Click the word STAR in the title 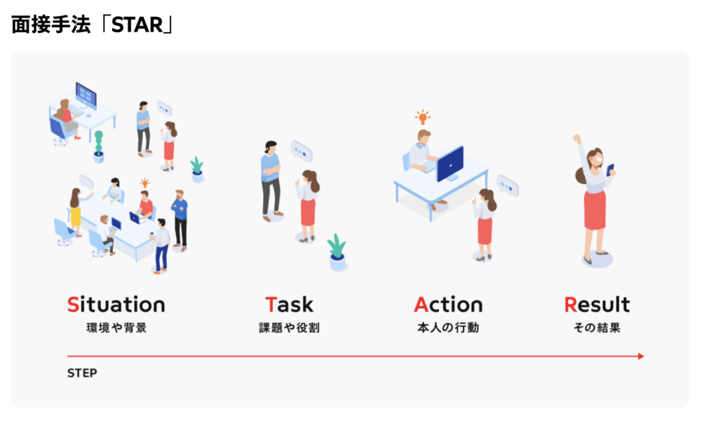(x=137, y=25)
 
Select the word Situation (x=116, y=305)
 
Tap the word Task (x=290, y=305)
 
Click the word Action (x=448, y=305)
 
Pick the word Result (x=597, y=305)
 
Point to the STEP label (x=83, y=373)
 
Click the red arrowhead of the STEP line (x=641, y=356)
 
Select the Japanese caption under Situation (x=117, y=328)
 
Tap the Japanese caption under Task (x=290, y=328)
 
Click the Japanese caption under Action (x=448, y=328)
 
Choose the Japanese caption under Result (x=597, y=328)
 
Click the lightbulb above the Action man (x=423, y=117)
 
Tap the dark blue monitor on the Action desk (x=449, y=163)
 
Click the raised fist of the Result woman (x=577, y=138)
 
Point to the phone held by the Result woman (x=610, y=170)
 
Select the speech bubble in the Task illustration (x=302, y=152)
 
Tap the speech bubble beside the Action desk (x=508, y=186)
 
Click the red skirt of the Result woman (x=595, y=210)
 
